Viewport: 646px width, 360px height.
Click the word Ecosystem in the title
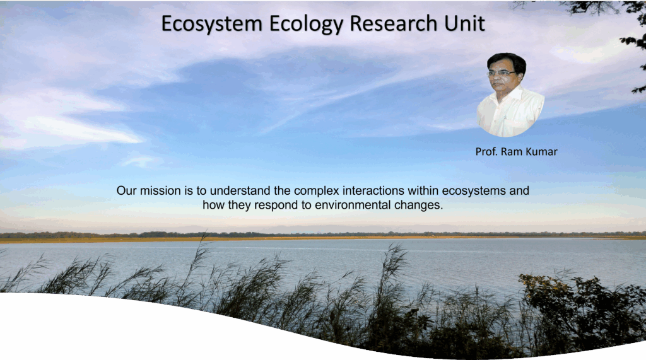pyautogui.click(x=212, y=24)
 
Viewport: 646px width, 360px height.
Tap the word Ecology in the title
pyautogui.click(x=307, y=24)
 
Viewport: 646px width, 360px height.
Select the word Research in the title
pyautogui.click(x=394, y=23)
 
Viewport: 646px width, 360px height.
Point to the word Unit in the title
pyautogui.click(x=464, y=23)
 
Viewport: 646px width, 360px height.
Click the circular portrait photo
pyautogui.click(x=510, y=95)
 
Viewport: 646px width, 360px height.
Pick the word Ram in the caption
pyautogui.click(x=511, y=151)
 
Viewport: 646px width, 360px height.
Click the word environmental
pyautogui.click(x=353, y=205)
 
